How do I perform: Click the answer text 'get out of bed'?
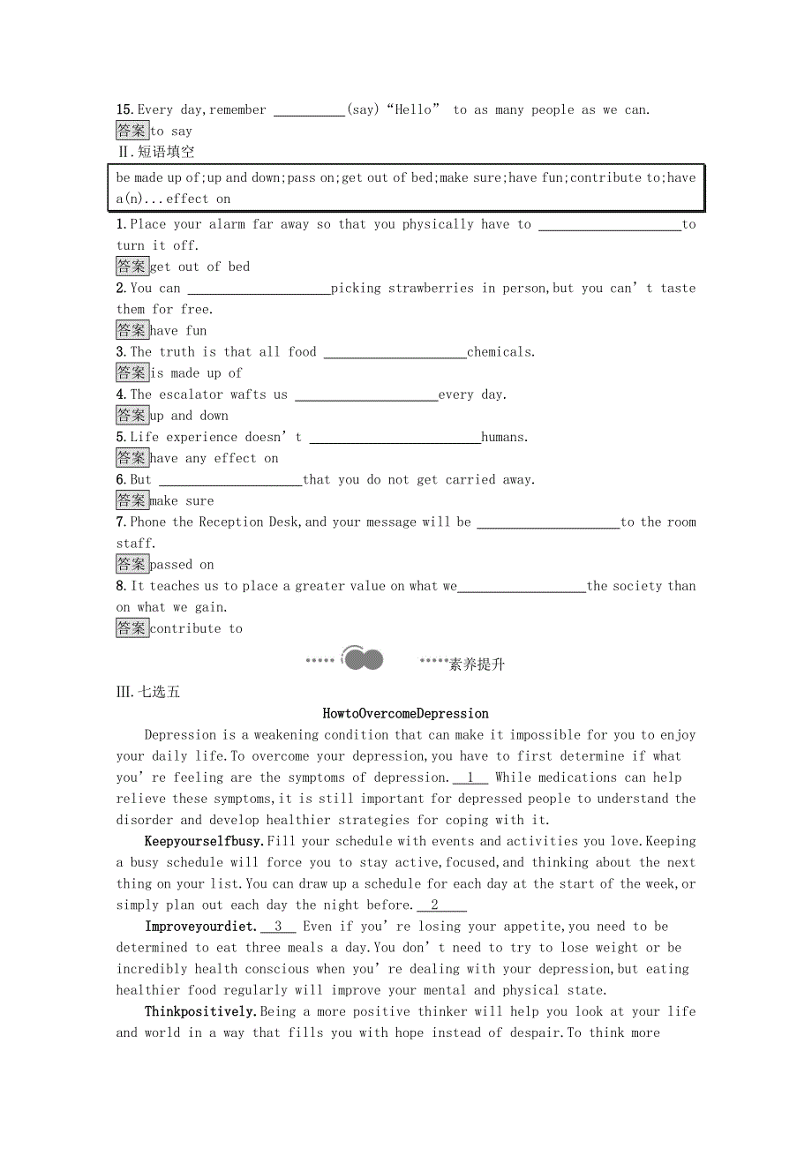pos(199,267)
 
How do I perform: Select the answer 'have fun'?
pos(178,331)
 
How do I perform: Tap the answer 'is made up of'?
pos(196,373)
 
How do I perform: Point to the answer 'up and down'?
pos(189,416)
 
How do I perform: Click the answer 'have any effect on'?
pos(214,458)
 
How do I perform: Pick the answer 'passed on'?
pos(182,565)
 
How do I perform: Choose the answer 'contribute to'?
pos(196,628)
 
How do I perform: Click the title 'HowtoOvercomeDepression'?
pos(405,713)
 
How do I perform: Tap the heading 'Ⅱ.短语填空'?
pos(155,152)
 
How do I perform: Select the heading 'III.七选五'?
pos(147,692)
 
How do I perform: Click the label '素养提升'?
pos(477,665)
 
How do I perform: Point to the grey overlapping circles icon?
pos(363,659)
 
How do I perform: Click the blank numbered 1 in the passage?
pos(470,777)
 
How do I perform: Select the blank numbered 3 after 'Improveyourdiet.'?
pos(278,927)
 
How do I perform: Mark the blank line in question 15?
pos(309,111)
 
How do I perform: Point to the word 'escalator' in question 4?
pos(191,394)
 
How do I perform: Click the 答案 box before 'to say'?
pos(132,131)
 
